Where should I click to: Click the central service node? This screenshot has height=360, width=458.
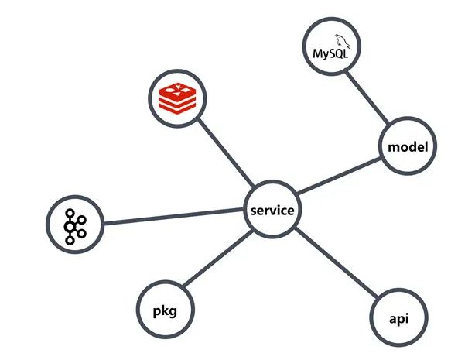click(272, 210)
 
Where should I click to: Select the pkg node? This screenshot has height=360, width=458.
click(165, 310)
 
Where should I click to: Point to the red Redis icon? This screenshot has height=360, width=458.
click(176, 97)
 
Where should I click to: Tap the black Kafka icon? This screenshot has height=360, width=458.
click(76, 225)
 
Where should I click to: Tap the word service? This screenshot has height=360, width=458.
click(272, 210)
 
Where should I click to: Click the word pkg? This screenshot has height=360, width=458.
click(165, 311)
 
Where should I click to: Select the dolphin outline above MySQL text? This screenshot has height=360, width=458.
click(340, 43)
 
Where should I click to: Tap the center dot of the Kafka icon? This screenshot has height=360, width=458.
click(76, 225)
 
